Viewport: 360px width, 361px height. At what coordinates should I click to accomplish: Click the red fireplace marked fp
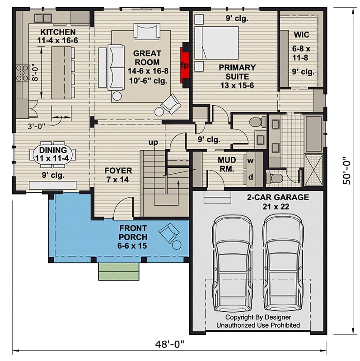(185, 65)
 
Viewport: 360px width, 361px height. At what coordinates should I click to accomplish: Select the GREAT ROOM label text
(147, 57)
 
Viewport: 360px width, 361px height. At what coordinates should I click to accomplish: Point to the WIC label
(301, 35)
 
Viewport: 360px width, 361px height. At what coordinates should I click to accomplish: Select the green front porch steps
(118, 270)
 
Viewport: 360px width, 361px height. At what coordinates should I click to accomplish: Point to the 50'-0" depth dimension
(346, 171)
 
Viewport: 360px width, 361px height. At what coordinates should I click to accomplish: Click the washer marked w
(250, 161)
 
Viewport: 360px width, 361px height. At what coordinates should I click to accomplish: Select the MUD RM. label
(226, 164)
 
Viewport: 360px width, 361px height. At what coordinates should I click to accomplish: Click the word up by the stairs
(154, 143)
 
